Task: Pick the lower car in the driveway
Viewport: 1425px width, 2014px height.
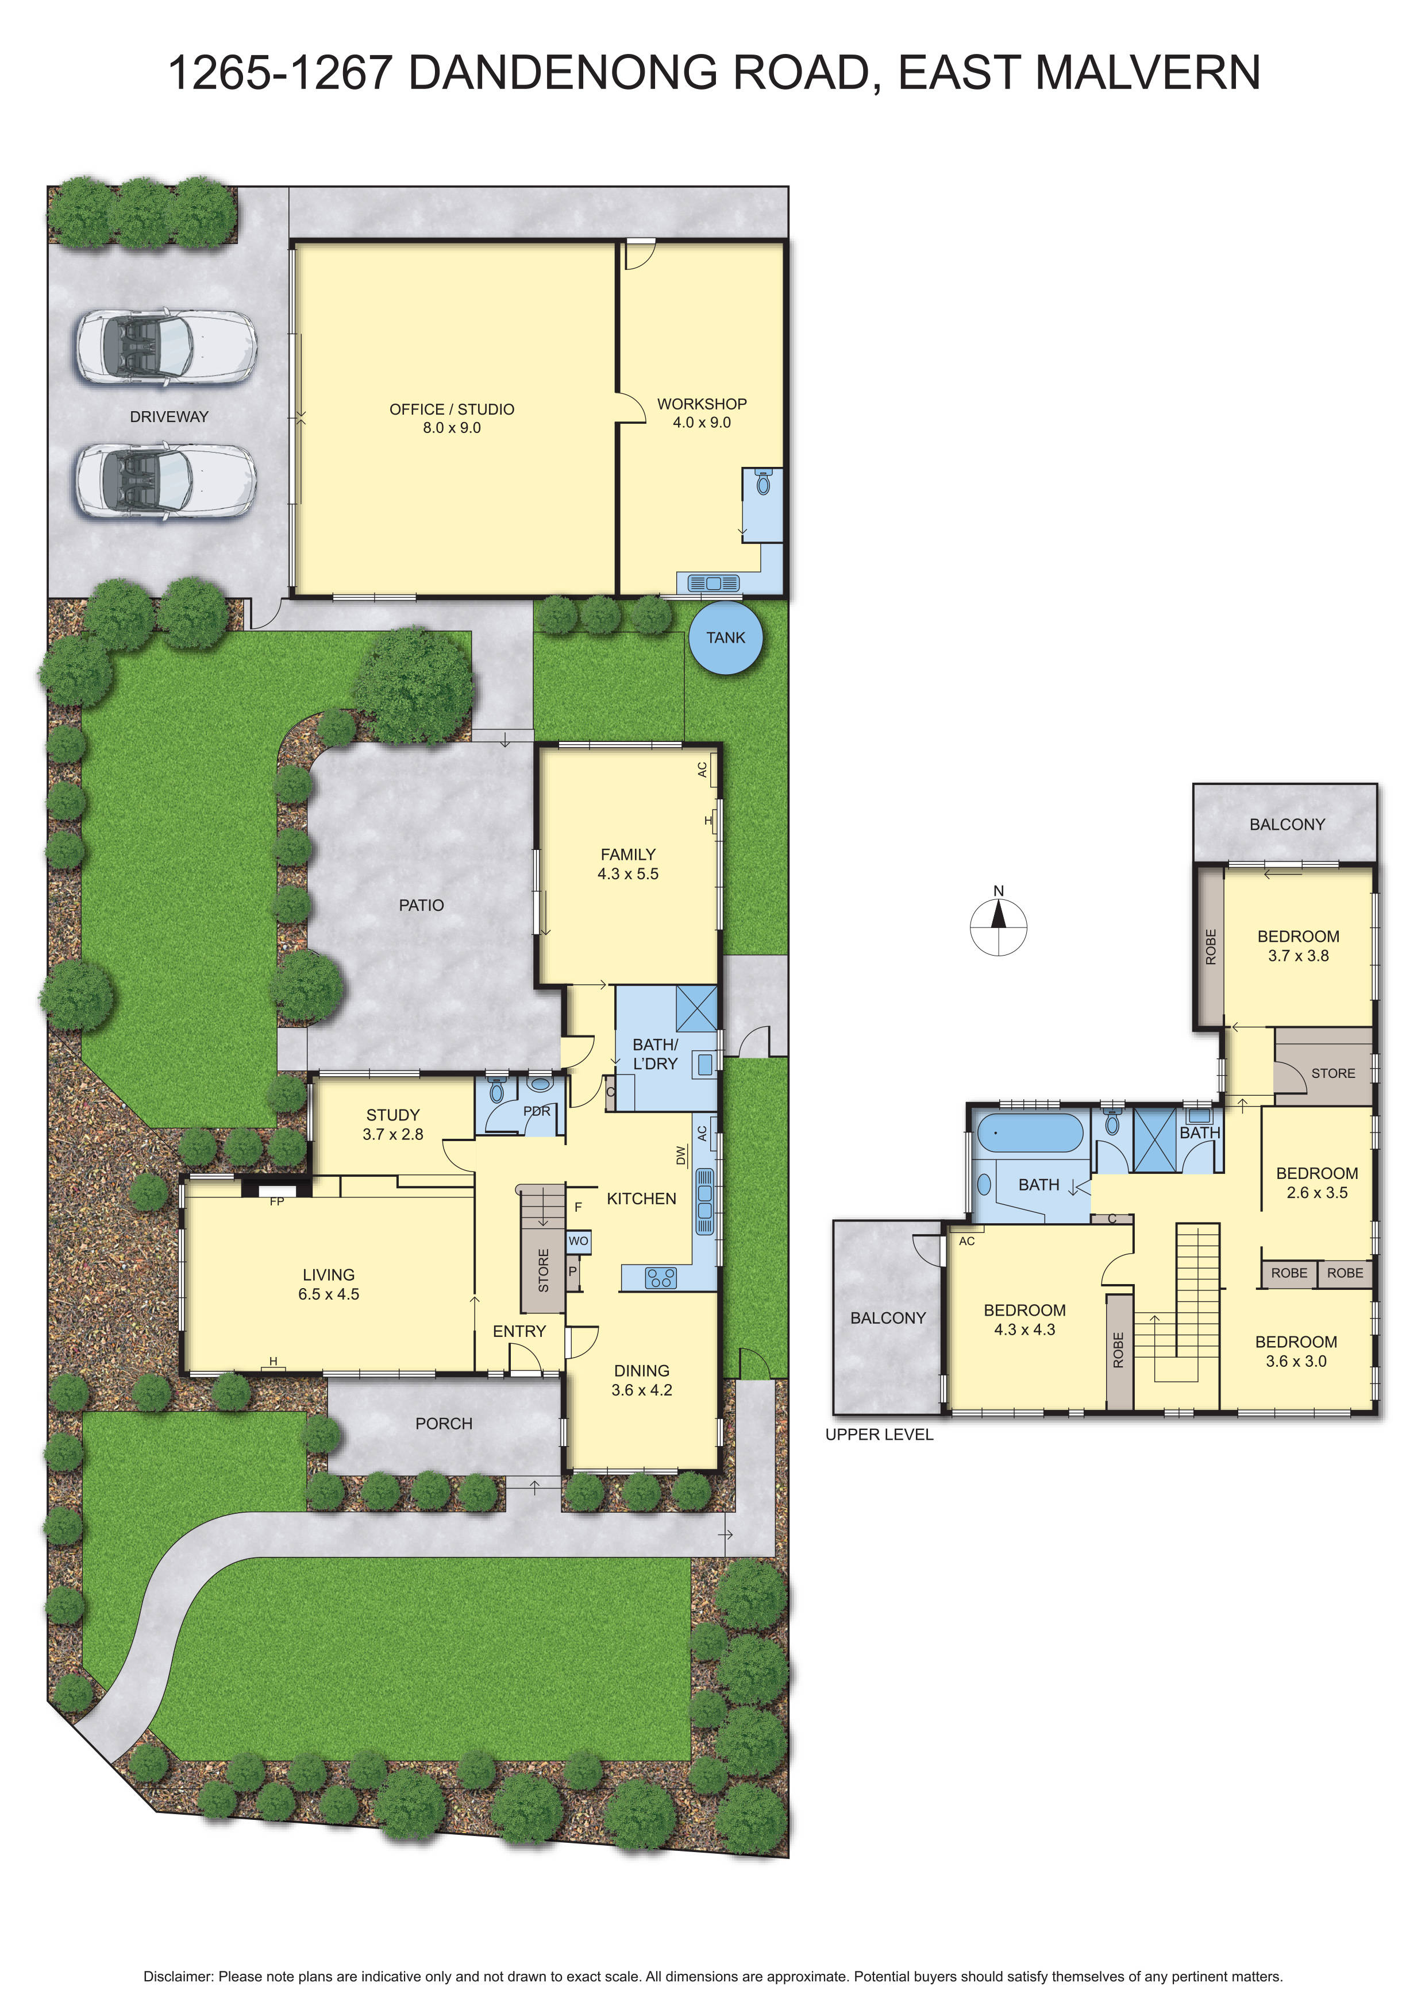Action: coord(166,482)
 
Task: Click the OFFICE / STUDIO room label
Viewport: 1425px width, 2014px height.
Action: coord(451,409)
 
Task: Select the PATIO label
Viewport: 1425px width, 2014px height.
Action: coord(421,905)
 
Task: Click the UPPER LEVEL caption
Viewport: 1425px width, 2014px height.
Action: coord(879,1434)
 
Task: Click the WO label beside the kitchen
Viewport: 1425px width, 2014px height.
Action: coord(578,1241)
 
